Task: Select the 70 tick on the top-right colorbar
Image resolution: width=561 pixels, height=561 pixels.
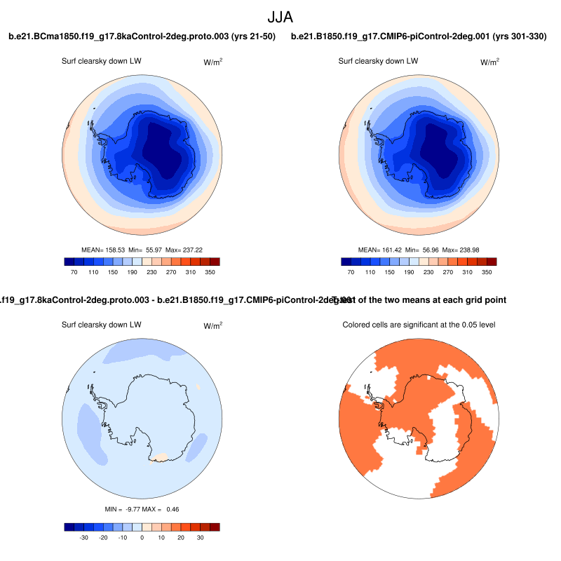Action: click(x=351, y=271)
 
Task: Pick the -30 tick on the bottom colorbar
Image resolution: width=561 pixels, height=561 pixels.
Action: click(x=83, y=536)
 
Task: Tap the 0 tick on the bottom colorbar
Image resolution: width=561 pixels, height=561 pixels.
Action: click(x=142, y=536)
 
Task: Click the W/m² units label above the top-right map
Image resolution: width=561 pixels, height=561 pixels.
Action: click(x=489, y=62)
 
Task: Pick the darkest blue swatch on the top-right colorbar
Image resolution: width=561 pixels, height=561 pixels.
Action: click(x=346, y=261)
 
